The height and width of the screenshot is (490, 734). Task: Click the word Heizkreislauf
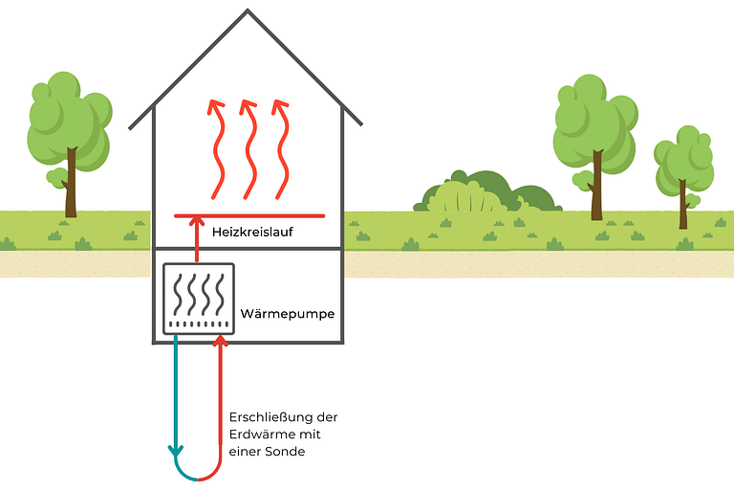point(251,231)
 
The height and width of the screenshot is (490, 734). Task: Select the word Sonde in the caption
point(287,452)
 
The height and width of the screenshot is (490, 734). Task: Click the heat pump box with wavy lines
point(199,298)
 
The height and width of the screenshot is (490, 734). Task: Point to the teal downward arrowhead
point(176,449)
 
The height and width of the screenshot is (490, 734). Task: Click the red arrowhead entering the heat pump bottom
point(222,342)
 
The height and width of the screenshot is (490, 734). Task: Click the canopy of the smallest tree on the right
point(683,158)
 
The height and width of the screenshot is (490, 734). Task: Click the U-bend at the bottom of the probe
point(198,476)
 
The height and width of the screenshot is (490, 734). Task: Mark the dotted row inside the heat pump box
point(199,325)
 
